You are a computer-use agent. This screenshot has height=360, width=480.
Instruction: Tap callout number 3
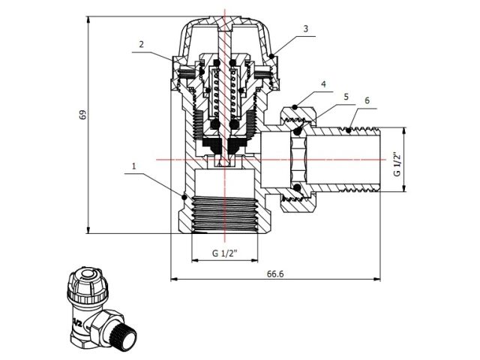[x=305, y=28]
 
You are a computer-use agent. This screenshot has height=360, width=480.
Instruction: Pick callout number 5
[x=345, y=97]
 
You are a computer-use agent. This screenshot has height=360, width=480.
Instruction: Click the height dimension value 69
[x=83, y=115]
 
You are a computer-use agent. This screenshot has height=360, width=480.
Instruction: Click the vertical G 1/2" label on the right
[x=397, y=161]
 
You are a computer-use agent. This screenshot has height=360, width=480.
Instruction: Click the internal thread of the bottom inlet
[x=225, y=213]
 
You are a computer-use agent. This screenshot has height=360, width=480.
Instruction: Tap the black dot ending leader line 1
[x=184, y=196]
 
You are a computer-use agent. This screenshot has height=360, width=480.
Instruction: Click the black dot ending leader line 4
[x=298, y=108]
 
